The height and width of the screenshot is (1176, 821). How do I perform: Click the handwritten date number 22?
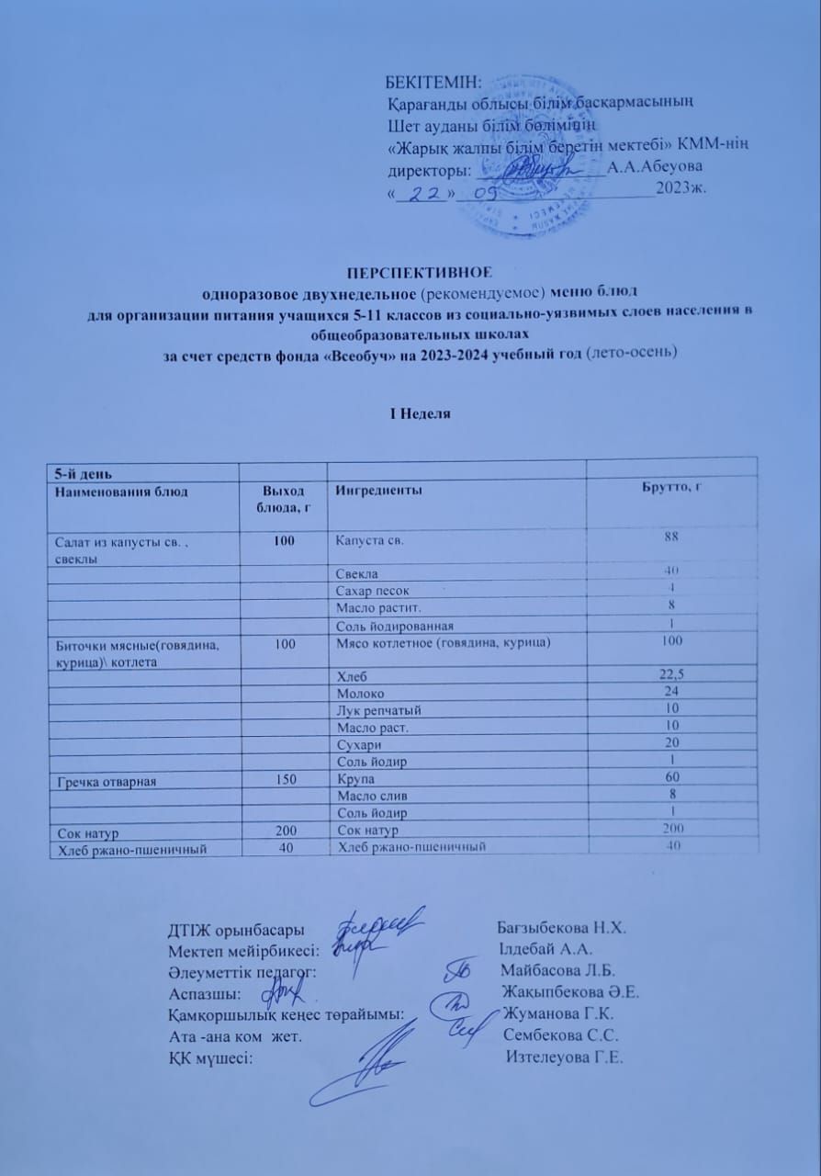[x=419, y=194]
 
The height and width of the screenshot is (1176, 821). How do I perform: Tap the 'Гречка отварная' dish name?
[x=108, y=782]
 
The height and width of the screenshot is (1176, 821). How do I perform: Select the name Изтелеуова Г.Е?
[x=565, y=1057]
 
